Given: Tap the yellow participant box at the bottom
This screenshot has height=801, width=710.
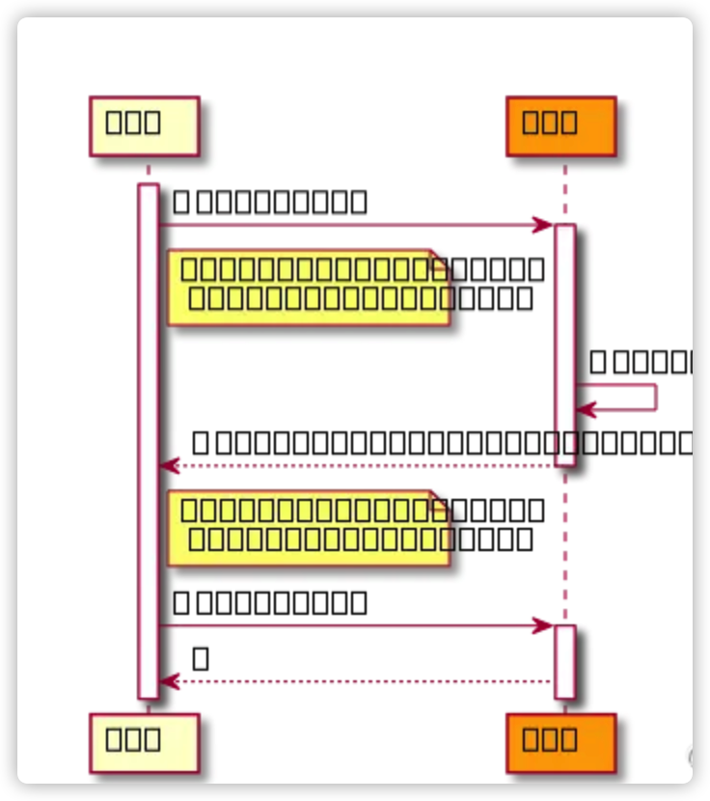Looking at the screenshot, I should coord(144,742).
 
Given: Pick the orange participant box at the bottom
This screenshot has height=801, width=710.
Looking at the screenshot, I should coord(560,742).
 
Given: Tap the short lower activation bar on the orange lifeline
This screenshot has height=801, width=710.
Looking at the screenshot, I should coord(565,661).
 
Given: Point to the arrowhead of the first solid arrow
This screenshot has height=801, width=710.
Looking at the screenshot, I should coord(544,225).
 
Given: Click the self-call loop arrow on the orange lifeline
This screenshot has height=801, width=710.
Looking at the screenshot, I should coord(637,398).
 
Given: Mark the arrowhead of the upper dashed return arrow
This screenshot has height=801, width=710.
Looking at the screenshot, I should coord(168,466).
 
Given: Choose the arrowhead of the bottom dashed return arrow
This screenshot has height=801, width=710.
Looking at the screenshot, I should coord(168,681).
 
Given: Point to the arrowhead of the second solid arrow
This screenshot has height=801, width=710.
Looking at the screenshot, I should coord(544,626).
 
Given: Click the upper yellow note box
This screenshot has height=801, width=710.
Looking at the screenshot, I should coord(309,287).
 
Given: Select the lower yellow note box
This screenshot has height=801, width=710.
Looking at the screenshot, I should coord(309,527).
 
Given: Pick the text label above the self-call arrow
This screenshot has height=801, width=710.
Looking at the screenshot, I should coord(642,362).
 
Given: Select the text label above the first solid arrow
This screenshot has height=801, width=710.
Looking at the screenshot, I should coord(270,202).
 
